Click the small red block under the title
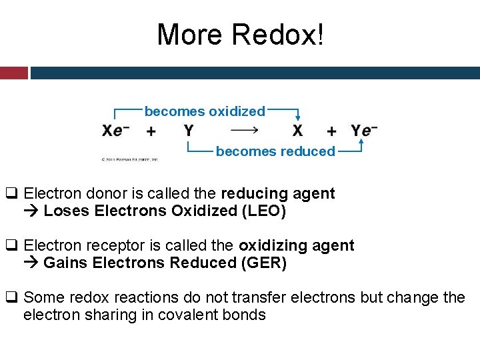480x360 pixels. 13,73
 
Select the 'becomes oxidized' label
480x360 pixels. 205,111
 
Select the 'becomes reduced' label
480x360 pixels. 275,151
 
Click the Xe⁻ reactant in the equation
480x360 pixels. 116,131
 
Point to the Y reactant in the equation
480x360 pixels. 189,131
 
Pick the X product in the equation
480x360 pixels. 297,131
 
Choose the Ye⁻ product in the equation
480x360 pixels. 364,131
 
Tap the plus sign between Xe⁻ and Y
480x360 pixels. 151,131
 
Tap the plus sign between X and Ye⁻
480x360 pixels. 331,131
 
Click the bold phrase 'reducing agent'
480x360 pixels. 277,194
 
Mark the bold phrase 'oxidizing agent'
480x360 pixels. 296,245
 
